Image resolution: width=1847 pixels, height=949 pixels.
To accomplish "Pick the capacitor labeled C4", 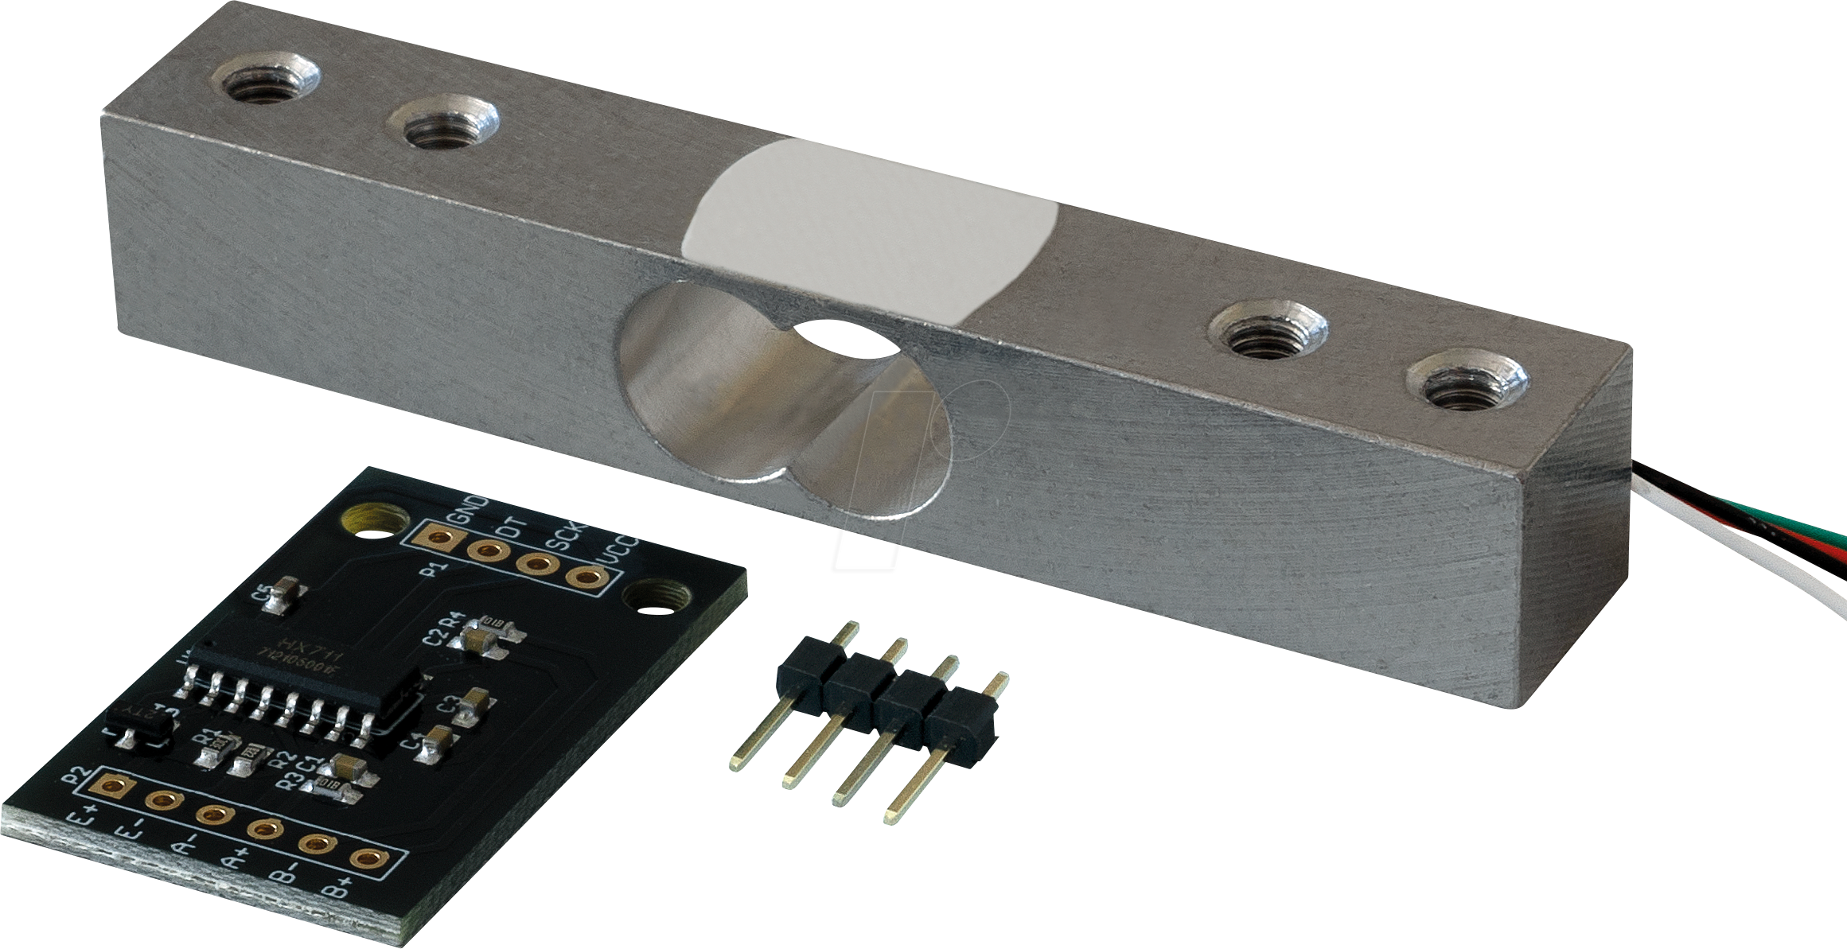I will pyautogui.click(x=437, y=745).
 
